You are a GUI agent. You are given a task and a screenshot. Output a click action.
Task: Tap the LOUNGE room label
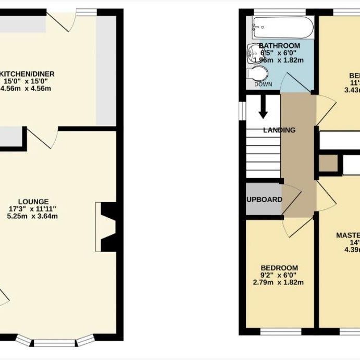(x=33, y=202)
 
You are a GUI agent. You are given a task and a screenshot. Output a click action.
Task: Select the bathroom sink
(x=255, y=53)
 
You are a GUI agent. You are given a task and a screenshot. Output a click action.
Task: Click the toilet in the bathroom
(x=257, y=72)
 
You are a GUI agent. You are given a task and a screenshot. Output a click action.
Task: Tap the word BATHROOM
(x=279, y=46)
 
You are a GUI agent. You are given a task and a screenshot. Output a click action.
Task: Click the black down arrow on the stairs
(x=263, y=108)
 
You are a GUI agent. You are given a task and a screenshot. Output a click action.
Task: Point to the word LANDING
(x=279, y=130)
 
